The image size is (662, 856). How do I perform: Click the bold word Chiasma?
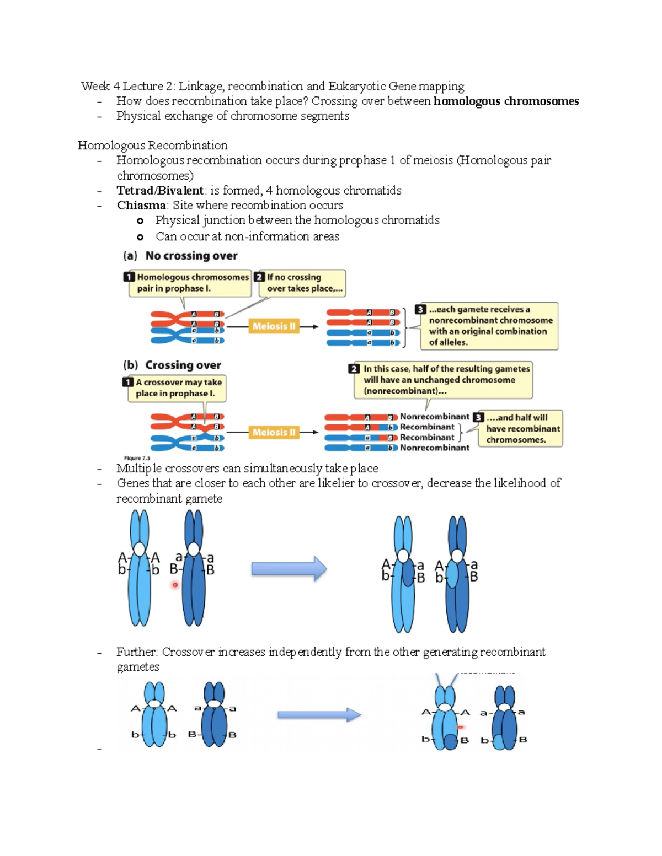(x=141, y=206)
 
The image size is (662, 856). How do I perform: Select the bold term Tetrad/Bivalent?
(x=160, y=191)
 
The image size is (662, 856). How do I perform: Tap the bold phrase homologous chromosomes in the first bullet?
(x=506, y=101)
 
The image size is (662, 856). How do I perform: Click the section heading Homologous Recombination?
(x=152, y=146)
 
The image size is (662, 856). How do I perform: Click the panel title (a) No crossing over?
(x=180, y=256)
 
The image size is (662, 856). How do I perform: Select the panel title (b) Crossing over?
(x=172, y=365)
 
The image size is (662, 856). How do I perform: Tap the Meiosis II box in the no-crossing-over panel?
(x=274, y=326)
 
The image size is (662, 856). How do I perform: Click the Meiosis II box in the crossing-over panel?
(x=274, y=433)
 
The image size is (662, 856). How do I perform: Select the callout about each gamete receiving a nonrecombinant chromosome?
(x=488, y=326)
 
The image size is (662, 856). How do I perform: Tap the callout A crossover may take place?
(x=177, y=388)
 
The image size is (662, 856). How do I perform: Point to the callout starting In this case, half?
(x=444, y=380)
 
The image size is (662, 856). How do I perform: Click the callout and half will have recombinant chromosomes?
(x=521, y=428)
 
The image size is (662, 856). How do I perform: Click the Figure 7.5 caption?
(x=137, y=458)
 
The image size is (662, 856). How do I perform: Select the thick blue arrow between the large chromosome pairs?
(x=289, y=569)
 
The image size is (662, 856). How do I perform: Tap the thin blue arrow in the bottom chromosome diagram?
(x=319, y=715)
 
